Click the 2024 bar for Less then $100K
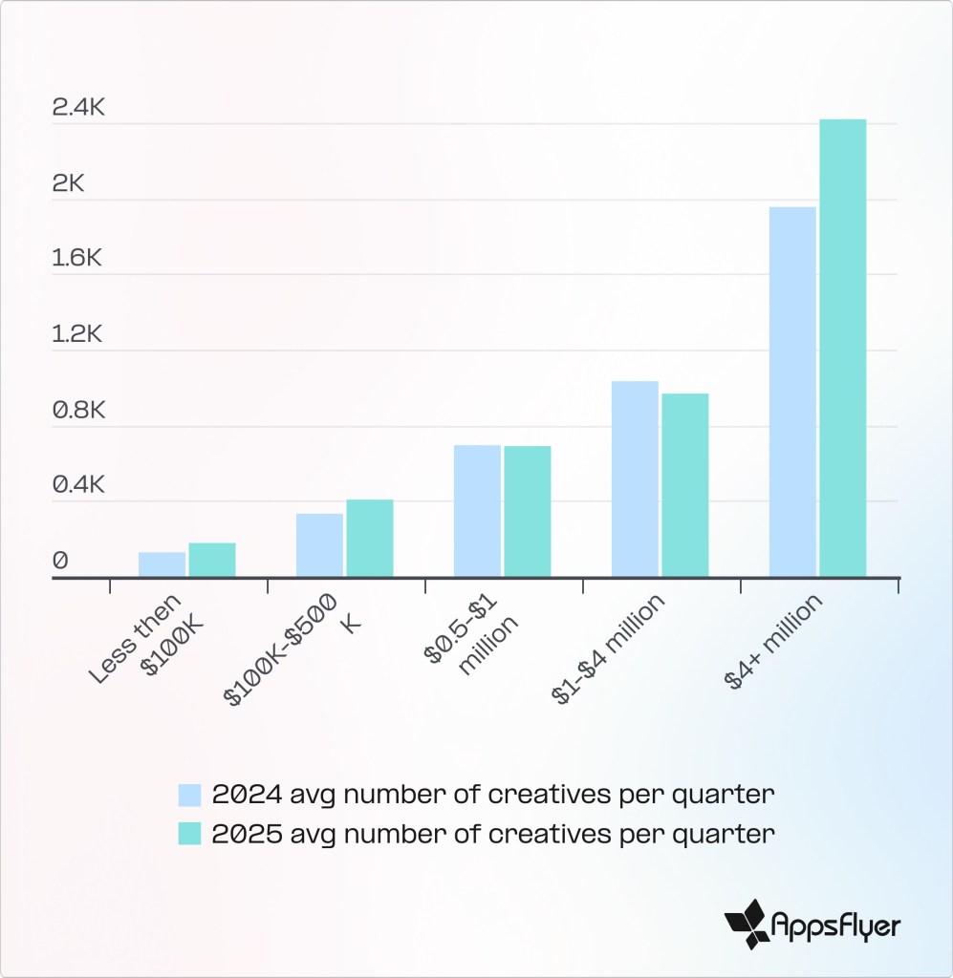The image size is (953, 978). point(162,564)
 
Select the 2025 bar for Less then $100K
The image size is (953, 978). point(212,560)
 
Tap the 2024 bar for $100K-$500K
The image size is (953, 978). point(319,545)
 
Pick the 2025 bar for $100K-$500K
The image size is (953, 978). point(370,538)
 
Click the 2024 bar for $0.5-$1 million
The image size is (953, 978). point(477,511)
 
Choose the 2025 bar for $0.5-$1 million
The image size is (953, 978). point(528,511)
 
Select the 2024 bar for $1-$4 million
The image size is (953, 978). point(635,478)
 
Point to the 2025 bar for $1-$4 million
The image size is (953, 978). point(685,485)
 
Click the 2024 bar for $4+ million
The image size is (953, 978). point(792,392)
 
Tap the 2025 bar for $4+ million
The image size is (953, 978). point(843,348)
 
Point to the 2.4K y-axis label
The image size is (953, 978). point(78,108)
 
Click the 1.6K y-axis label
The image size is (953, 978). point(78,259)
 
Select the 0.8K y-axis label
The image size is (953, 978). point(78,410)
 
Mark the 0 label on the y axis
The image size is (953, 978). point(60,561)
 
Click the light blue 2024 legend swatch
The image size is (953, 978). point(189,795)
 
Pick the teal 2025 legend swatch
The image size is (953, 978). point(189,833)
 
